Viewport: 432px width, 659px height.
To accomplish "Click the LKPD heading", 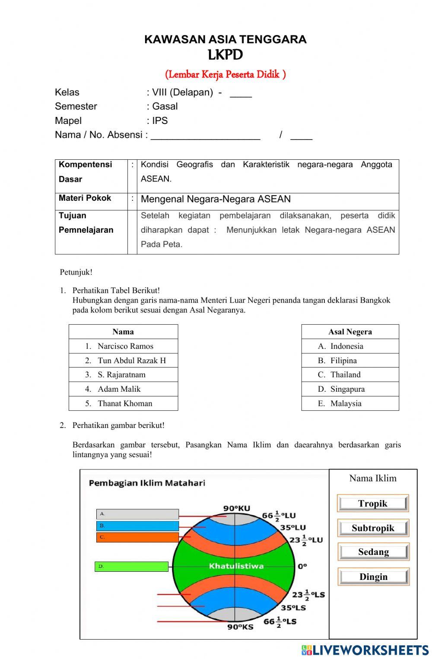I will [225, 55].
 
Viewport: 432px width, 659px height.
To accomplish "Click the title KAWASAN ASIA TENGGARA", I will [225, 39].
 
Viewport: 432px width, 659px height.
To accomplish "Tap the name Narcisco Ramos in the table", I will [125, 346].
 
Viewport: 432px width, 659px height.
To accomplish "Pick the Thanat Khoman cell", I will [124, 403].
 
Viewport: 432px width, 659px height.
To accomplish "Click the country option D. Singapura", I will [347, 389].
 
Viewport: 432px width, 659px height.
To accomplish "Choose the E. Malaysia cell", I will [346, 403].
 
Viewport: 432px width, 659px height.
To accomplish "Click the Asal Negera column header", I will [350, 332].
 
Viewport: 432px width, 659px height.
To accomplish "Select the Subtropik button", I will [373, 528].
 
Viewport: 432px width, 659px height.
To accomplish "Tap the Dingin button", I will [373, 577].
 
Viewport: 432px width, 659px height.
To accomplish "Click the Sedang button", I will [373, 552].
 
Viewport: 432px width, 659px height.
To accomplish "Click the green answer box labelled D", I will [131, 567].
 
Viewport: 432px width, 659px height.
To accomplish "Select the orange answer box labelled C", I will [137, 537].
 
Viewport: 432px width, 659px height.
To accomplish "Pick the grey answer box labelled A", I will [137, 514].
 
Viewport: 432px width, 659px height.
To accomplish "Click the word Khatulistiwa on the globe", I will [236, 566].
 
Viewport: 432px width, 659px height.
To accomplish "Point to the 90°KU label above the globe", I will [236, 508].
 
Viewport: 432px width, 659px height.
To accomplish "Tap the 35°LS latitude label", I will [293, 608].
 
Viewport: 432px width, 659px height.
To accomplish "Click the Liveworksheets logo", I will [365, 650].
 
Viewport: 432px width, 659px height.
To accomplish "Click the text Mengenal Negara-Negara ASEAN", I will [216, 199].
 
